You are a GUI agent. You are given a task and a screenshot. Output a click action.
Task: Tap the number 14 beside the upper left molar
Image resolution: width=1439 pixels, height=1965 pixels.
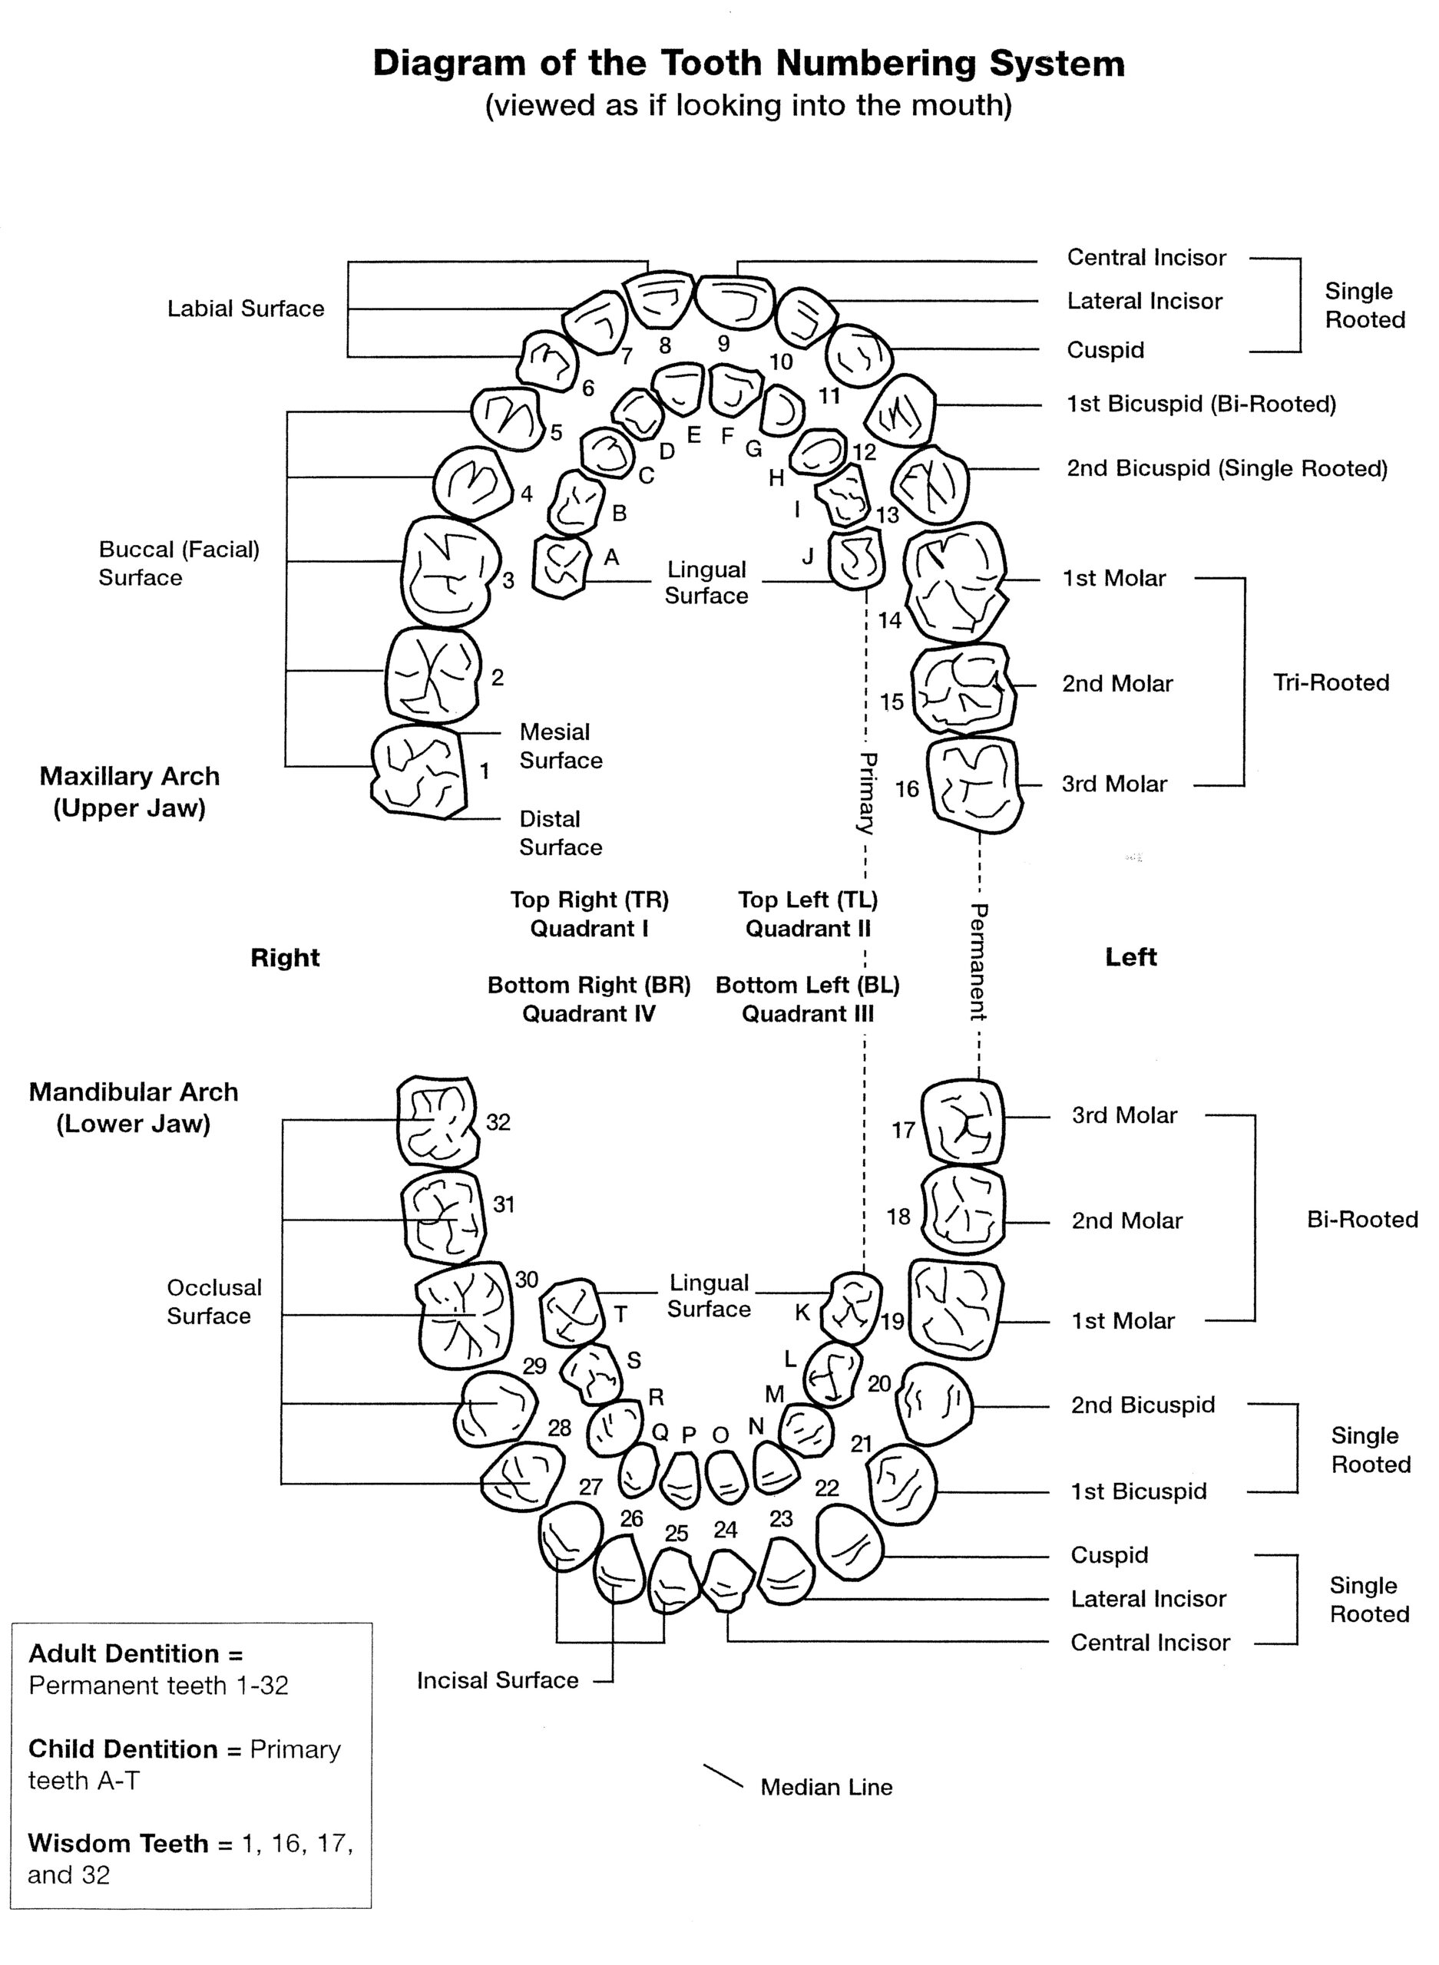tap(889, 620)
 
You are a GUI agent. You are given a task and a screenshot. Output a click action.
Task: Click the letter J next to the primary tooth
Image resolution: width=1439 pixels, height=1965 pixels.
tap(808, 556)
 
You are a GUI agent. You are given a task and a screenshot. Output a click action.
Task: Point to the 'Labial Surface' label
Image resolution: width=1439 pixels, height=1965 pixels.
tap(246, 309)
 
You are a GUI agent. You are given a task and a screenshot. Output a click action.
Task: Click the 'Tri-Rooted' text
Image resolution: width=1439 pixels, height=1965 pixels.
tap(1330, 682)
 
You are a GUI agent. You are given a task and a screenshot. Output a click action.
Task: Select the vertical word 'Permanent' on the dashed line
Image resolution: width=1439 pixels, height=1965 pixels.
tap(978, 961)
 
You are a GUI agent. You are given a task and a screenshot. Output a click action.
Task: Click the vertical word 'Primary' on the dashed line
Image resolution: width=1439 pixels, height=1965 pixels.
tap(867, 792)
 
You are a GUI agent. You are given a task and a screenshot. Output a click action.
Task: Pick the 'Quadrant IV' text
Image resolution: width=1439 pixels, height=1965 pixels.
tap(588, 1013)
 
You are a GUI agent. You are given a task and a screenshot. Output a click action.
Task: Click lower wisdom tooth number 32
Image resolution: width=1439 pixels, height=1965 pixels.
tap(437, 1122)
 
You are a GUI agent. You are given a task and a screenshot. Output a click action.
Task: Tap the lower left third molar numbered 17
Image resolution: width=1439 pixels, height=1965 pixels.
tap(962, 1122)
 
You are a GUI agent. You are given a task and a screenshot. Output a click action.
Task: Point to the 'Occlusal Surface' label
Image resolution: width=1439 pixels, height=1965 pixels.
tap(213, 1302)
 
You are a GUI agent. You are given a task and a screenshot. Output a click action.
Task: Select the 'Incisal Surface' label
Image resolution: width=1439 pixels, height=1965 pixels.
tap(498, 1679)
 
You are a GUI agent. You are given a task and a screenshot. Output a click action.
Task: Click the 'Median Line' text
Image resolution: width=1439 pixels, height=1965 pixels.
tap(825, 1788)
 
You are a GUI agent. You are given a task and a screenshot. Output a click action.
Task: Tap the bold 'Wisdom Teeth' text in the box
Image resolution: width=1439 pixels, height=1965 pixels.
tap(118, 1843)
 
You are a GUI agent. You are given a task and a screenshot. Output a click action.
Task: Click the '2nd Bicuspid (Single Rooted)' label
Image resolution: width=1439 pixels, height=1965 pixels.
tap(1226, 468)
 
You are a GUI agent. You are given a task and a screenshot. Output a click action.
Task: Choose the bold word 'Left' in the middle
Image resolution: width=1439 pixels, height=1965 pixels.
tap(1130, 957)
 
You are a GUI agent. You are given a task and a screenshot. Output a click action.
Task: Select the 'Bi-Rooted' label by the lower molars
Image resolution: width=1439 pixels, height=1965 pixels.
tap(1361, 1219)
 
